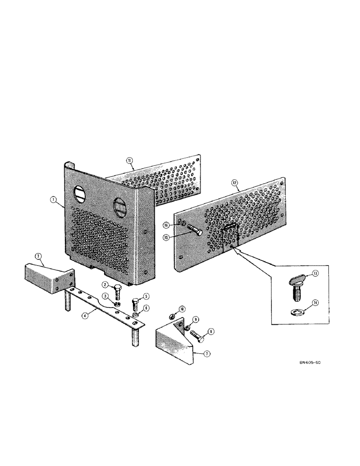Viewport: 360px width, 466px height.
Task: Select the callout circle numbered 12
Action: point(234,183)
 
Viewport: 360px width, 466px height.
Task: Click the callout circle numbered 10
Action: point(169,309)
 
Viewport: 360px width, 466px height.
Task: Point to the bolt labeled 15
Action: point(195,233)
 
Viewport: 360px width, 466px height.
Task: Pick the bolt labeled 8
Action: point(196,335)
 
